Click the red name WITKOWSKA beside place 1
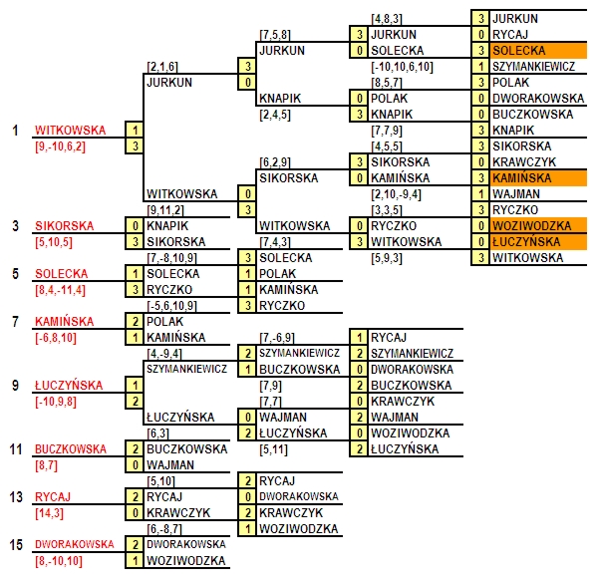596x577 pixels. tap(71, 131)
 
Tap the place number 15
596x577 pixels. tap(16, 545)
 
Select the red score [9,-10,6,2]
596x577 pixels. tap(60, 146)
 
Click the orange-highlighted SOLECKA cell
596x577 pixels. tap(538, 50)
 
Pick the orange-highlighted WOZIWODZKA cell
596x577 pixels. tap(538, 226)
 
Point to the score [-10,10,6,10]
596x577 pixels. tap(402, 67)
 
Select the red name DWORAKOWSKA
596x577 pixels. tap(75, 544)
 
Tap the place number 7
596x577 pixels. tap(15, 322)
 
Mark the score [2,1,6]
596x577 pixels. tap(162, 67)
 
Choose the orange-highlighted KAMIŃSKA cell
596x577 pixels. tap(538, 178)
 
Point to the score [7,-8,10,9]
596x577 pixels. tap(171, 258)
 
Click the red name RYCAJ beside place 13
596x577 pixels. tap(53, 497)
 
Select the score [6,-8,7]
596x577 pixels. tap(164, 529)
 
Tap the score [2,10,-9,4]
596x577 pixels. tap(396, 194)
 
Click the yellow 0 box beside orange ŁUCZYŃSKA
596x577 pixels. tap(480, 242)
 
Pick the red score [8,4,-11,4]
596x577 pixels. tap(60, 290)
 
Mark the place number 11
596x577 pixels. tap(16, 449)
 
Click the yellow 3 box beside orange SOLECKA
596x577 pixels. tap(480, 50)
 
